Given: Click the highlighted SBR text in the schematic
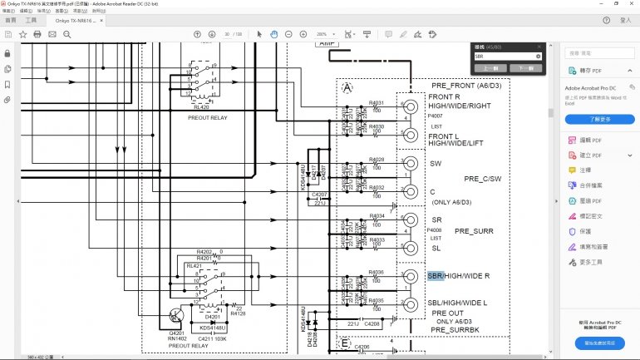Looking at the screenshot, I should point(436,275).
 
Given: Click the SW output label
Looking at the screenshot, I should point(436,164).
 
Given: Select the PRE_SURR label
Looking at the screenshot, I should point(475,230).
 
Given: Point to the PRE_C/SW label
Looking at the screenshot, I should point(483,179).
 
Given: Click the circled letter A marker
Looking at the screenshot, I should point(347,88).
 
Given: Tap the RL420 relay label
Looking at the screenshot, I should point(201,107).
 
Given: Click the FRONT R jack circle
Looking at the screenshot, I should point(410,108).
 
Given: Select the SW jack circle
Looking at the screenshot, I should point(410,164).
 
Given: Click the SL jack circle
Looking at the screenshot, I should point(410,248).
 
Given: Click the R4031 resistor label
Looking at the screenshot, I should point(377,102).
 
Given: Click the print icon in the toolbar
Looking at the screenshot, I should point(37,34).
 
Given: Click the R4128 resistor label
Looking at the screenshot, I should point(239,313).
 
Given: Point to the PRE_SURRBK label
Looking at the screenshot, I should point(455,330).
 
